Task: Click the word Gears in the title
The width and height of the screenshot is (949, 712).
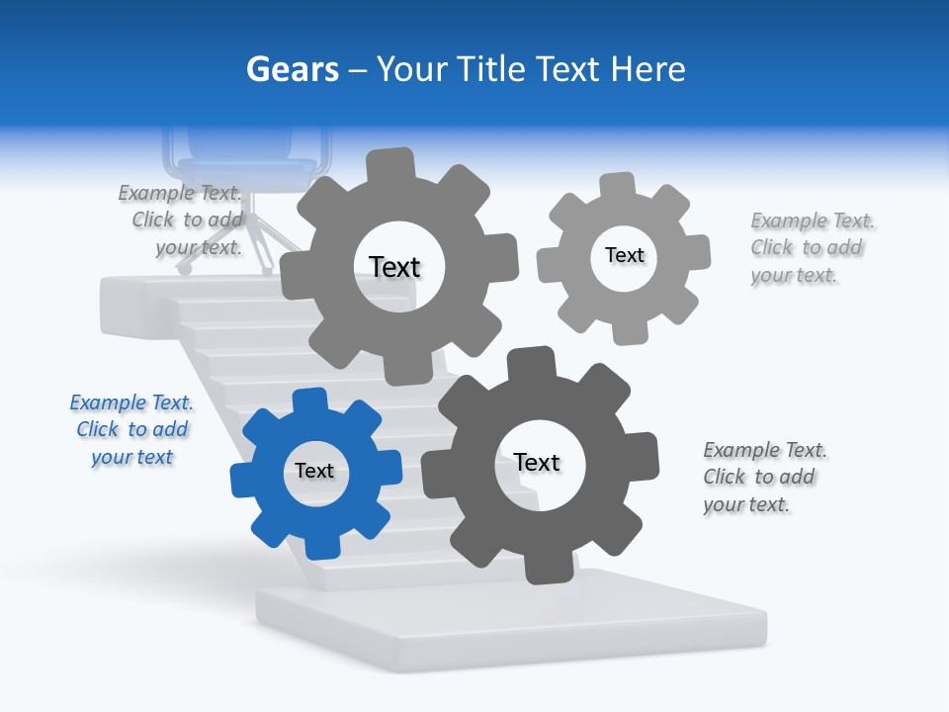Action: pos(292,69)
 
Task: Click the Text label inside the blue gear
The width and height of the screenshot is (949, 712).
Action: pos(314,472)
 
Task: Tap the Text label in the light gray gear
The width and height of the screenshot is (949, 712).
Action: pos(624,255)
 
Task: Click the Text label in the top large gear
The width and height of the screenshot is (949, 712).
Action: pos(394,267)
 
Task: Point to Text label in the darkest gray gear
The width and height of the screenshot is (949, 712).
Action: pos(537,463)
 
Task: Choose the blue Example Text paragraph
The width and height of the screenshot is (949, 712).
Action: pos(131,430)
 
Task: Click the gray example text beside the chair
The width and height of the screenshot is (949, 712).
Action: pos(183,221)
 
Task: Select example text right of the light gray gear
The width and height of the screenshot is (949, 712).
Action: pos(811,248)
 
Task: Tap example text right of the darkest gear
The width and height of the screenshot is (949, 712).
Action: pos(763,478)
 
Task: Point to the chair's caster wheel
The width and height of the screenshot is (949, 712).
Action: pos(184,267)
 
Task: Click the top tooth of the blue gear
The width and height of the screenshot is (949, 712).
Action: pos(310,401)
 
